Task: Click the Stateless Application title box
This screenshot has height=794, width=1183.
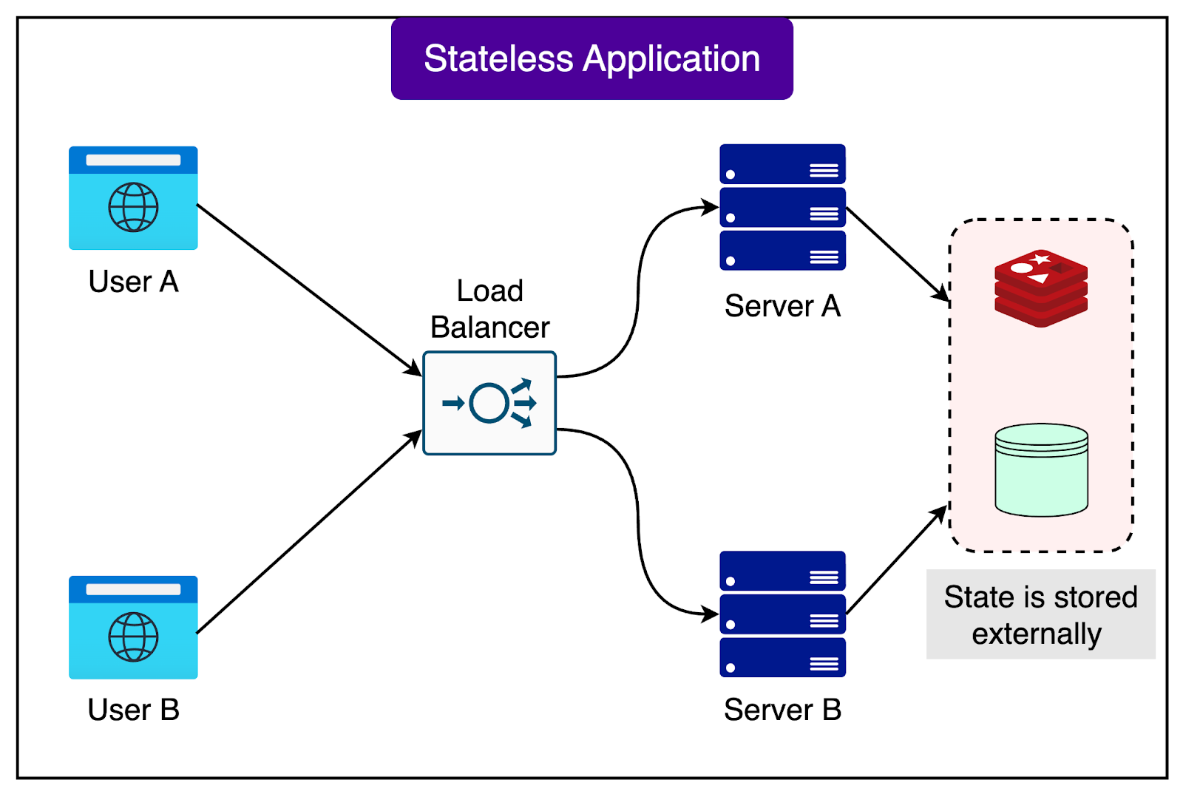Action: (591, 59)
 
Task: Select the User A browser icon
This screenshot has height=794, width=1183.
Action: (133, 198)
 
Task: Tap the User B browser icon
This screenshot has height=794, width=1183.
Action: (133, 627)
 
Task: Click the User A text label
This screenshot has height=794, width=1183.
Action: (133, 282)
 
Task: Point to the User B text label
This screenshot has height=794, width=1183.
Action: (133, 710)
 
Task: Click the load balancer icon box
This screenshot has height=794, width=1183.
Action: (489, 403)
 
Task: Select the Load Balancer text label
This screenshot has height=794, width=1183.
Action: (489, 309)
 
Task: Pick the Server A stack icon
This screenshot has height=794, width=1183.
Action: (782, 207)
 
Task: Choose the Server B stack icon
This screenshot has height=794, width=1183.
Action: (782, 614)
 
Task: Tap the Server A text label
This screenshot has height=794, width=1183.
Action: (782, 306)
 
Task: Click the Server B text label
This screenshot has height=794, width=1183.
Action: (782, 710)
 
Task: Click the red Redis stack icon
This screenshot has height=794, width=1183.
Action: (1041, 288)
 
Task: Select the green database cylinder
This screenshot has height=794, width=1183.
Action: (1041, 469)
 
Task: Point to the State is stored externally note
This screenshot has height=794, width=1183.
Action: (1040, 614)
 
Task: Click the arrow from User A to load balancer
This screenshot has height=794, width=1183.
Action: (307, 288)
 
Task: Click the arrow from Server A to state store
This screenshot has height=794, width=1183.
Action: (896, 254)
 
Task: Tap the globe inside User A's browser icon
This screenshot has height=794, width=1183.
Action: (133, 208)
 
